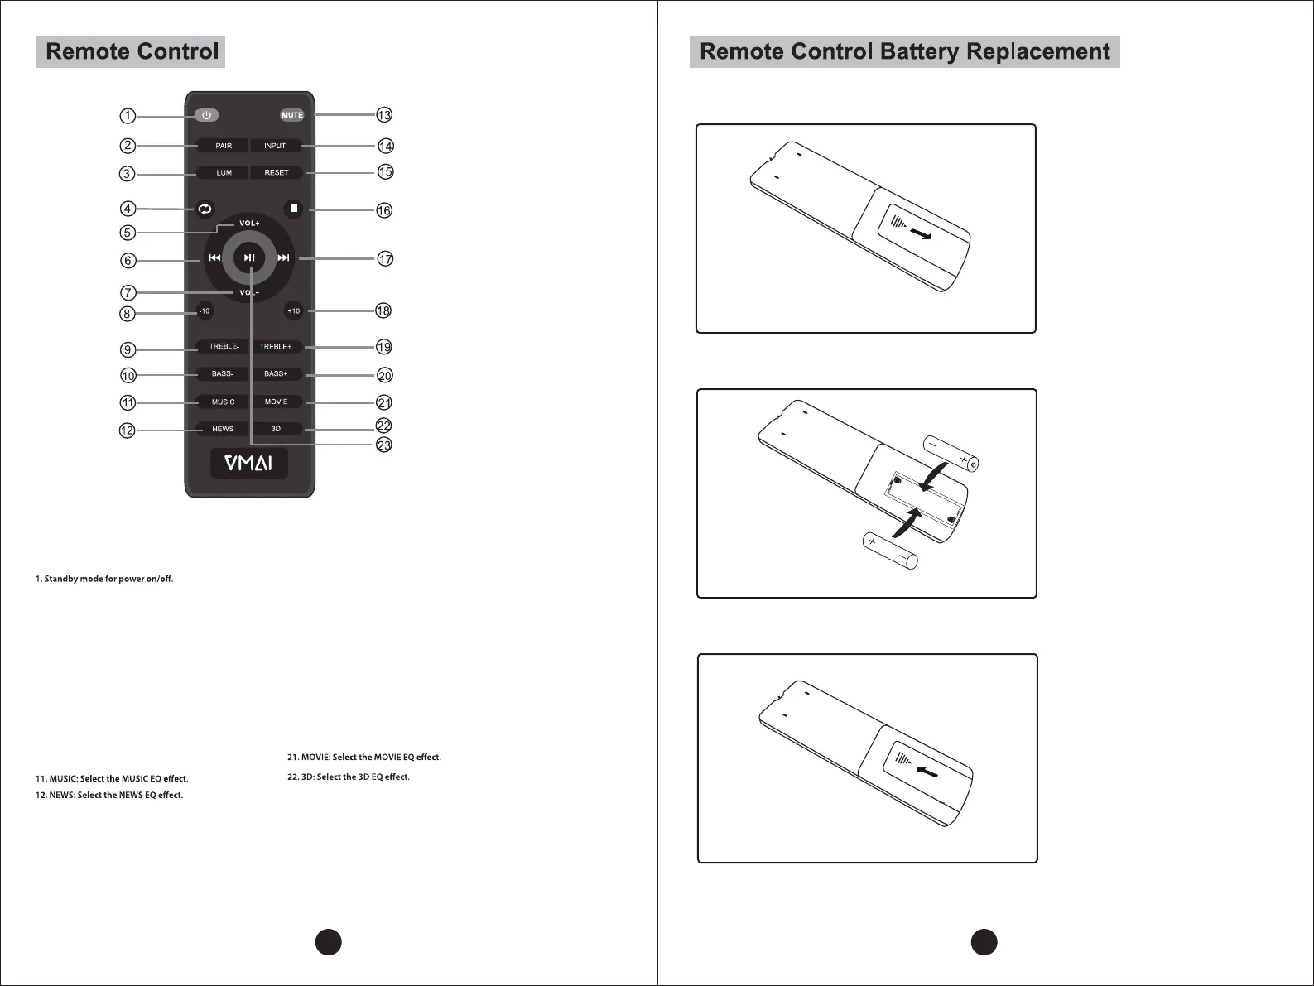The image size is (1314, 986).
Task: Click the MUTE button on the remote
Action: click(292, 115)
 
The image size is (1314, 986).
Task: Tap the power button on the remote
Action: click(206, 115)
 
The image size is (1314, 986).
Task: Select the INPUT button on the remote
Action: click(275, 146)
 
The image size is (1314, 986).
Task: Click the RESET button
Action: click(277, 173)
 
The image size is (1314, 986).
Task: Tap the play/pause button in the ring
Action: click(248, 258)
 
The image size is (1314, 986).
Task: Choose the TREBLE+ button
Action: click(276, 347)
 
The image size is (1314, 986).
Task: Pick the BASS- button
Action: click(223, 374)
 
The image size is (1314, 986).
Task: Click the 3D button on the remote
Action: click(277, 429)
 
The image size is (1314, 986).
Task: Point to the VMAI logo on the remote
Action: click(249, 464)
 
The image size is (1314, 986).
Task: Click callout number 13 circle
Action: click(384, 115)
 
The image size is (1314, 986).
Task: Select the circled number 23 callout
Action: click(384, 445)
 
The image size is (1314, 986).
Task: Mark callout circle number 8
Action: click(128, 314)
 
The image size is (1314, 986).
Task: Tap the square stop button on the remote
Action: click(293, 209)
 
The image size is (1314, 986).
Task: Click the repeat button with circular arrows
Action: click(205, 209)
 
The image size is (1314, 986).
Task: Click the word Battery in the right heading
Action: click(920, 52)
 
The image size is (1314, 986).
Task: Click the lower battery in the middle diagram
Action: click(890, 551)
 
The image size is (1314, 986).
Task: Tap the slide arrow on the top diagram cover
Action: click(920, 235)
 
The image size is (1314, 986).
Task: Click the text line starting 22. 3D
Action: click(349, 777)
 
